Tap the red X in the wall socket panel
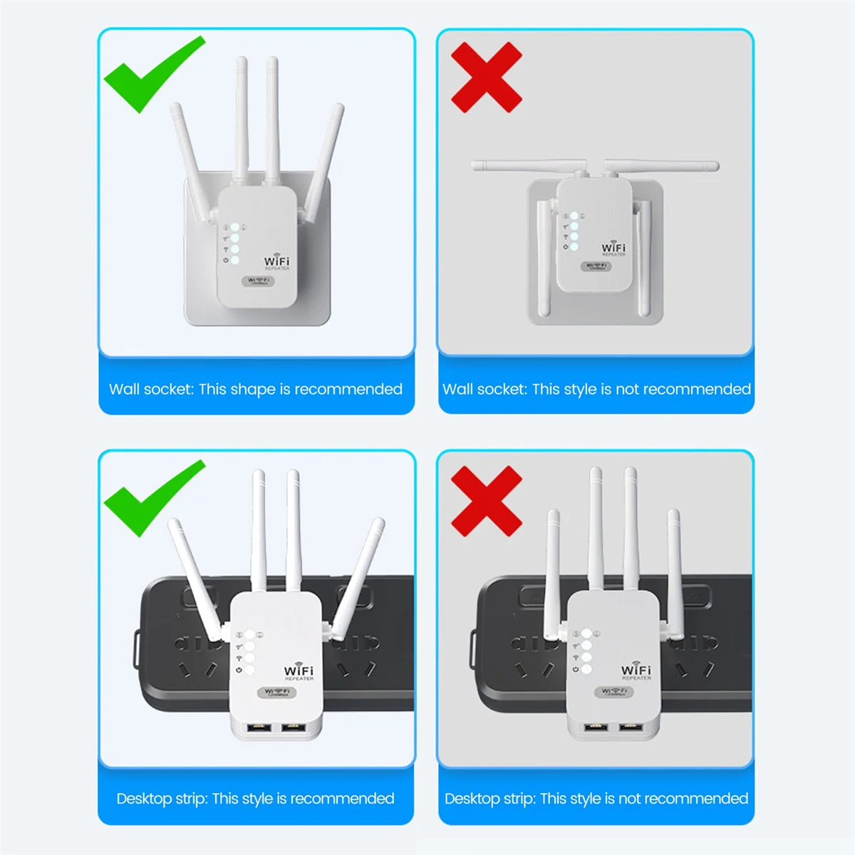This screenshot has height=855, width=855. point(487,77)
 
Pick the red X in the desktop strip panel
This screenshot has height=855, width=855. point(487,501)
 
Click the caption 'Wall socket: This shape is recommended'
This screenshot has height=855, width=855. point(256,389)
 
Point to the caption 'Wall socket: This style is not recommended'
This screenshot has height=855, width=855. point(596,389)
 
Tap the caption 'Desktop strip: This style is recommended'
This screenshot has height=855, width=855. point(255,798)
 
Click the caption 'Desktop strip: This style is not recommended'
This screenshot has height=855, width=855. point(596,798)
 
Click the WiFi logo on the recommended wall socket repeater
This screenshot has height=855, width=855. point(276,261)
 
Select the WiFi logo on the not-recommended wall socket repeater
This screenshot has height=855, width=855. point(613,248)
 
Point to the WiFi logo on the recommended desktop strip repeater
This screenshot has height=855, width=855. point(299,671)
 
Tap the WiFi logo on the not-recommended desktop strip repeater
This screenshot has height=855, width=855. point(636,670)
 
